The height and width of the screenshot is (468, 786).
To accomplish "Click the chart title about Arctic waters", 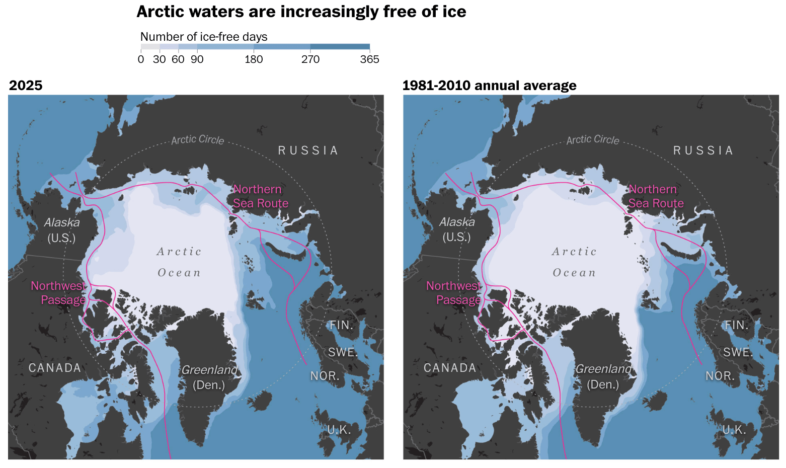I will point(301,12).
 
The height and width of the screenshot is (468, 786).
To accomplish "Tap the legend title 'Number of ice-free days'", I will point(204,37).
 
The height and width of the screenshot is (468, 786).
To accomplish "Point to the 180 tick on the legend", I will point(254,59).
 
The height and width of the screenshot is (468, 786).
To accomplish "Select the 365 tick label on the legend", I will point(370,59).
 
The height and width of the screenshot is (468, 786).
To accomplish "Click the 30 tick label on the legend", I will point(160,59).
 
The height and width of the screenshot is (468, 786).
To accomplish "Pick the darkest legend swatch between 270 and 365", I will point(340,47).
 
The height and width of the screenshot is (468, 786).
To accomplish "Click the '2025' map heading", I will point(26,86).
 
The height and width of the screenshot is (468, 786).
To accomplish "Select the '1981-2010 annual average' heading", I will point(489,86).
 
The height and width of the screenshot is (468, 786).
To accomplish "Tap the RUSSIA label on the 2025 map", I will point(308,150).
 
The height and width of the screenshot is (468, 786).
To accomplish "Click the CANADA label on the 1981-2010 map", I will point(450,368).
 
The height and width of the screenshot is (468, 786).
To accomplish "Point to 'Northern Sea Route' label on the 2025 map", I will point(260,196).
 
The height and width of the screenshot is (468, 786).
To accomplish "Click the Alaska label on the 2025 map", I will point(62,222).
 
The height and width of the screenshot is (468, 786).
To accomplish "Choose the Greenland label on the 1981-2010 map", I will point(603,369).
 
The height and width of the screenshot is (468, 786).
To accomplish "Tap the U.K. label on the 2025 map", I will point(339,430).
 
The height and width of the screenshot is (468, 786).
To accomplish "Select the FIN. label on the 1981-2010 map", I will point(737,325).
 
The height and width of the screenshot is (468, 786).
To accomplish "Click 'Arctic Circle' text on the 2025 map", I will point(197,140).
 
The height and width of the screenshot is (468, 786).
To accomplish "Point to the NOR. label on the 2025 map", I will point(325,376).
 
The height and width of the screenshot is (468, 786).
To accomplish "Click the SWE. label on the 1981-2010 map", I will point(738,352).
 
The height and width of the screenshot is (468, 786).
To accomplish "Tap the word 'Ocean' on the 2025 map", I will point(179,273).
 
